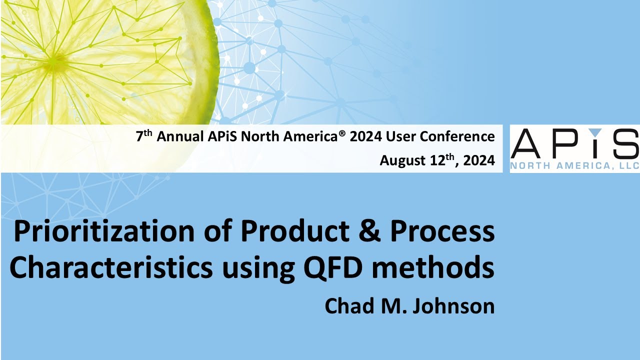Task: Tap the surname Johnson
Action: pos(452,305)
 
